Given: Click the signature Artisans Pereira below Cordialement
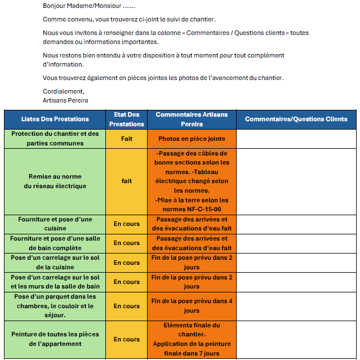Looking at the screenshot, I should click(65, 100).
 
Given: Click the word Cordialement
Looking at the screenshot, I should click(63, 91).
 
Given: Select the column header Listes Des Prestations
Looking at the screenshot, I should click(55, 119).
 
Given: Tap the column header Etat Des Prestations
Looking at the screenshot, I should click(126, 119).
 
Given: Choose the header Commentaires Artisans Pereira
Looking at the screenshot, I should click(192, 119).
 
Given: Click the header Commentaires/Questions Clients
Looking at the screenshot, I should click(296, 119).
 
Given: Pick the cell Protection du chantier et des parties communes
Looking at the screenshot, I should click(55, 139).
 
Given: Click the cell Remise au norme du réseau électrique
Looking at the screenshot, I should click(55, 181).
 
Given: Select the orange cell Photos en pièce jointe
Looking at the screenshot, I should click(192, 139).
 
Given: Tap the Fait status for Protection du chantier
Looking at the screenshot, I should click(126, 139).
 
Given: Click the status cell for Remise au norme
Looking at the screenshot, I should click(126, 181).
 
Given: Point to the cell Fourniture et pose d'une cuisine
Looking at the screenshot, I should click(55, 224).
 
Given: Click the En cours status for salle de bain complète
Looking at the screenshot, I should click(126, 243).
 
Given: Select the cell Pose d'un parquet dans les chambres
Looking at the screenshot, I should click(55, 306).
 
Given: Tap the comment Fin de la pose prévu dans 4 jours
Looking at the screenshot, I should click(192, 306).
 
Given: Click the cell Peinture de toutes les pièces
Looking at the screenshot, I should click(55, 339).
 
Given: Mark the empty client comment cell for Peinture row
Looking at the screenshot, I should click(296, 339).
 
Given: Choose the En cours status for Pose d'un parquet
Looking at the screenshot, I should click(126, 306).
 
